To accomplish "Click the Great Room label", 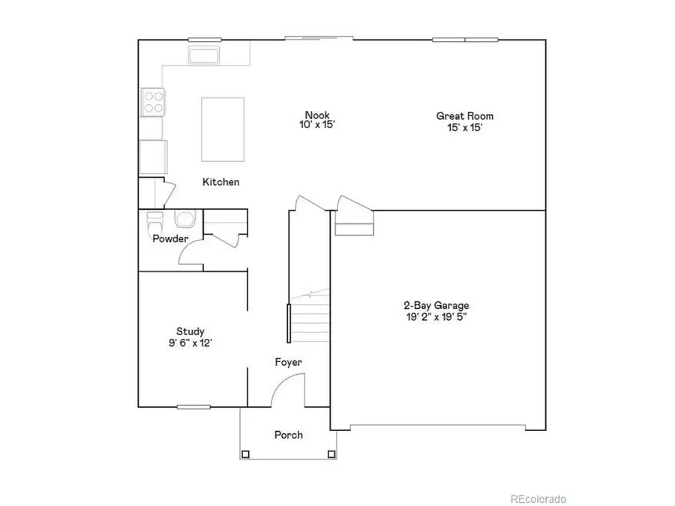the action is coord(465,116).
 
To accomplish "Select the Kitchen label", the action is coord(221,182).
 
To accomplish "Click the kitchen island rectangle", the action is coord(223,129).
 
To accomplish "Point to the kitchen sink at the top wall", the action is coord(203,55).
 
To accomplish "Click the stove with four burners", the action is coord(154,102).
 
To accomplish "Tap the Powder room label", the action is coord(170,239).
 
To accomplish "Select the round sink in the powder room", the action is coord(184,220).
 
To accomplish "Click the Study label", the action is coord(190,331).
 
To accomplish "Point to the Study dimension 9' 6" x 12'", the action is coord(190,343).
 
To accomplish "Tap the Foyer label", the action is coord(288,363).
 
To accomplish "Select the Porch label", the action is coord(289,435).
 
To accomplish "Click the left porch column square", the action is coord(245,454).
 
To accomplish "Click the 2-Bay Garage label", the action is coord(436,306).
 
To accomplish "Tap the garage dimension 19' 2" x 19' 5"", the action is coord(436,317).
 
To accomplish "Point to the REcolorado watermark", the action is coord(538,499).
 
